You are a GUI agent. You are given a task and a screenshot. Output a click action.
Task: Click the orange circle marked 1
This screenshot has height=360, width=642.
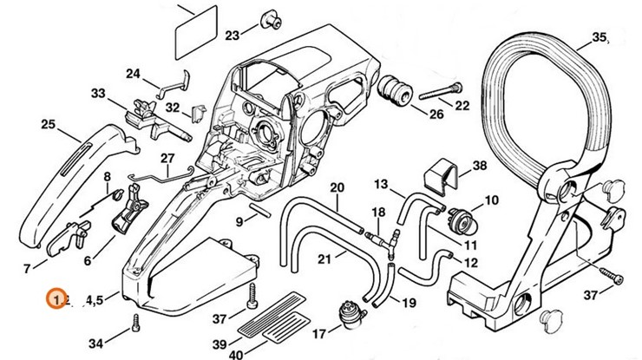click(56, 298)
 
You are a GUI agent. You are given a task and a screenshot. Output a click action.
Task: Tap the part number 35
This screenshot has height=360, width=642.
click(599, 36)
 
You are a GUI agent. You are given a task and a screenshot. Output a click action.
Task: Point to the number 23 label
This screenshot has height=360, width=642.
click(232, 35)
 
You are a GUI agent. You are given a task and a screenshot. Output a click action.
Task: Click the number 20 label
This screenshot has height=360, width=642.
click(337, 187)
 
